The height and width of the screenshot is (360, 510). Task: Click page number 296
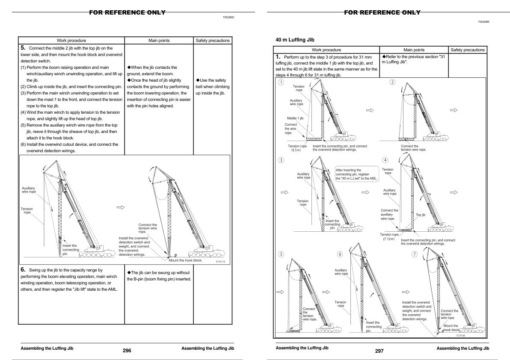coord(127,351)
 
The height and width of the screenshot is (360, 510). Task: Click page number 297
coord(379,351)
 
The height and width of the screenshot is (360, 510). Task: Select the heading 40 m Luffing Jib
coord(295,40)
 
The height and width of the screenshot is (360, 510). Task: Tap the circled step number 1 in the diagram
coord(281,82)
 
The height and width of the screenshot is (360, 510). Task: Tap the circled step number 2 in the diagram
coord(392,82)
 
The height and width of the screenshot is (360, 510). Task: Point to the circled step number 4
coord(385,160)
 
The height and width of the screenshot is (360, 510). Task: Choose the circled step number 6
coord(340,254)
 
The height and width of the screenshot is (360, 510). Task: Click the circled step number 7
coord(414,254)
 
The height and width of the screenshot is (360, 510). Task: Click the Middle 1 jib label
coord(295,118)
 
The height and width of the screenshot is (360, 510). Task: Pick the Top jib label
coord(421,215)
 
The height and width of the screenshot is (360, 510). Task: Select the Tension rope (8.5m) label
coord(297,148)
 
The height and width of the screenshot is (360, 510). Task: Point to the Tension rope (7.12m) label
coord(389,236)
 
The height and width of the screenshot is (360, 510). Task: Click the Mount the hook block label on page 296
coord(185,260)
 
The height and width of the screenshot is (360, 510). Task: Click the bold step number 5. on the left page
coord(24,48)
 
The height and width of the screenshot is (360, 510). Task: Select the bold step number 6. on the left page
coord(24,270)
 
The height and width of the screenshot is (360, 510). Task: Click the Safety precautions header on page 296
coord(213,41)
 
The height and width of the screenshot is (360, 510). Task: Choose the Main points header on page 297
coord(414,50)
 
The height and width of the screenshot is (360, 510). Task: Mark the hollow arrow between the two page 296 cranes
coord(121,207)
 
